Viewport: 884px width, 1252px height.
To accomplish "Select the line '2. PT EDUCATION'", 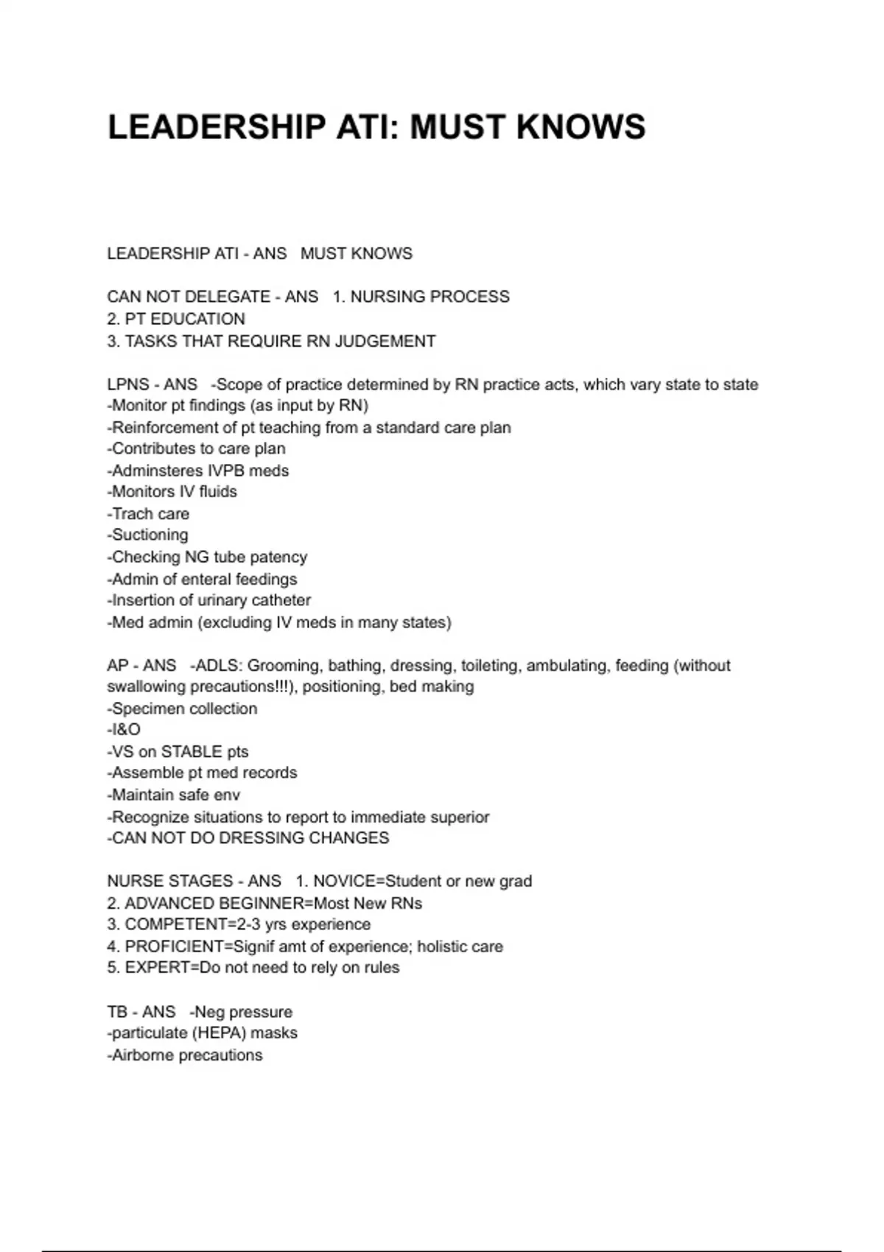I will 176,319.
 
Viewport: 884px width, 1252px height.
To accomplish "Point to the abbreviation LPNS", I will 128,384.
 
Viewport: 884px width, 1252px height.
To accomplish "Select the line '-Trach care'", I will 148,514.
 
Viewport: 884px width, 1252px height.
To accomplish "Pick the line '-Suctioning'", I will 147,535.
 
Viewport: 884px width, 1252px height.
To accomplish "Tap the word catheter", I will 281,600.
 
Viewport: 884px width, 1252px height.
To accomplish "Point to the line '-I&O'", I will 124,730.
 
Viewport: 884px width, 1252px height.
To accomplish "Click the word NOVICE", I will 344,882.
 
